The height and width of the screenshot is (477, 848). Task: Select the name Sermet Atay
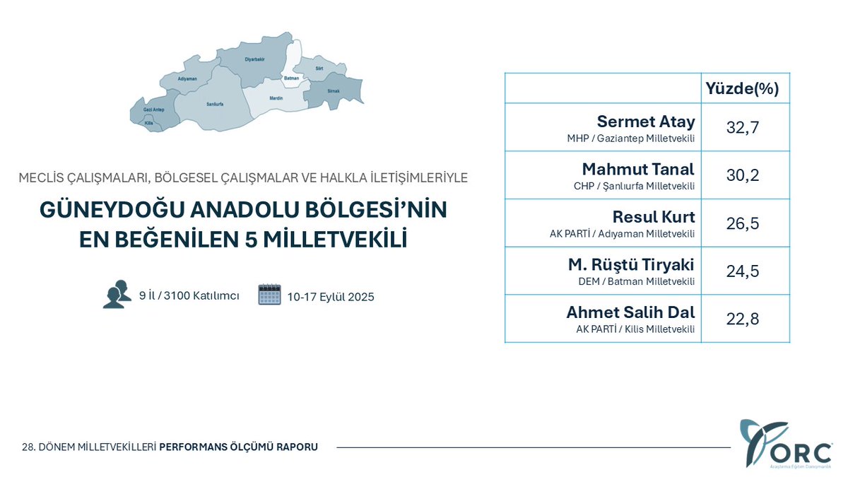click(x=646, y=122)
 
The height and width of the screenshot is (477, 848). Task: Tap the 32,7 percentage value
click(x=743, y=127)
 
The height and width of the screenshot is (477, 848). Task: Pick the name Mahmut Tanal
click(x=638, y=170)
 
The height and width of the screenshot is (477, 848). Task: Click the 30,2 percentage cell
click(x=743, y=175)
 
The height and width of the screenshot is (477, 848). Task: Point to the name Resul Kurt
click(x=654, y=217)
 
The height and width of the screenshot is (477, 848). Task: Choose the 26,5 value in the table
click(x=743, y=223)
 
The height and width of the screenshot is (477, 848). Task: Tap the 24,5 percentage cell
click(x=743, y=271)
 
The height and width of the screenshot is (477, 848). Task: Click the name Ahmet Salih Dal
click(x=630, y=312)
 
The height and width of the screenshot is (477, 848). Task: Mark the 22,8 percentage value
click(x=743, y=319)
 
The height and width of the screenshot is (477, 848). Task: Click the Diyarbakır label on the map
click(x=254, y=59)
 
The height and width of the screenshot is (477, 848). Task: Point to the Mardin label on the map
click(x=276, y=99)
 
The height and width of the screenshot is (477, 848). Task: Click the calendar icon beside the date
click(x=269, y=294)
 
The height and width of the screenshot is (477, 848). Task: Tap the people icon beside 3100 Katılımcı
click(x=117, y=294)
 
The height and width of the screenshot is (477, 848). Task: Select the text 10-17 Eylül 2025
click(x=331, y=297)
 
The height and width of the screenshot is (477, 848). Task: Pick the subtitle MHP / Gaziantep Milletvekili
click(x=630, y=139)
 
